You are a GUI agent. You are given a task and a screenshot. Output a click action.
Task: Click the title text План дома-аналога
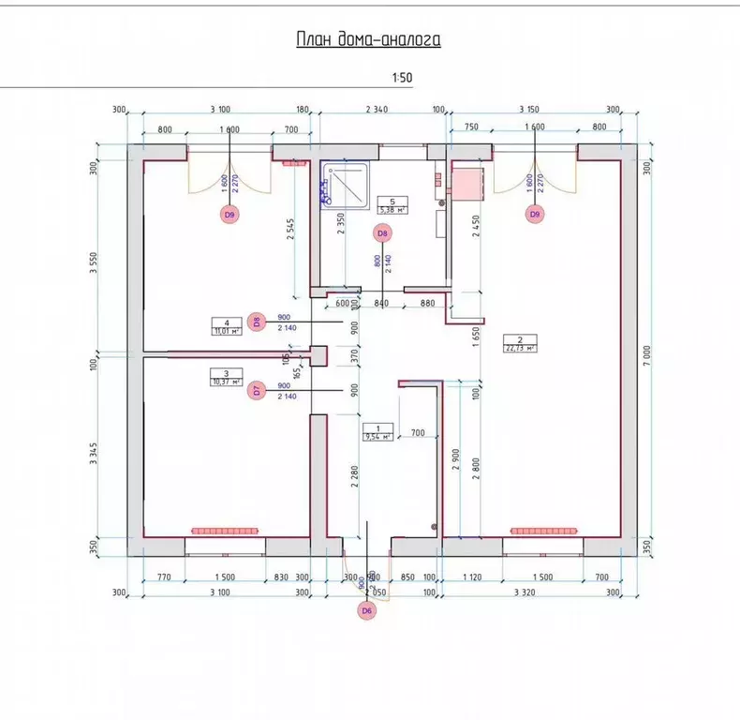(368, 39)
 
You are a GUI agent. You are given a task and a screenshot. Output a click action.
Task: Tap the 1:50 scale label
(404, 79)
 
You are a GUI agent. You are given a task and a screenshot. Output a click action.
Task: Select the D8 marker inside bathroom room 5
(381, 232)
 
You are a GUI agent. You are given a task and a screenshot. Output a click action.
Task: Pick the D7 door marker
(259, 391)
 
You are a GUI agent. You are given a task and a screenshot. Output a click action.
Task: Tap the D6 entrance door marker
(366, 611)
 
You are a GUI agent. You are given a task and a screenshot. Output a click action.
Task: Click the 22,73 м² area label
(519, 348)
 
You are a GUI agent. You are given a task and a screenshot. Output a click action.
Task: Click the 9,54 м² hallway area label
(378, 436)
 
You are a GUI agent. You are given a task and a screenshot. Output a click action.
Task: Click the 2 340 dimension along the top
(376, 110)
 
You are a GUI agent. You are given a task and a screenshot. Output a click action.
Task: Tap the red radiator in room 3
(226, 531)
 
